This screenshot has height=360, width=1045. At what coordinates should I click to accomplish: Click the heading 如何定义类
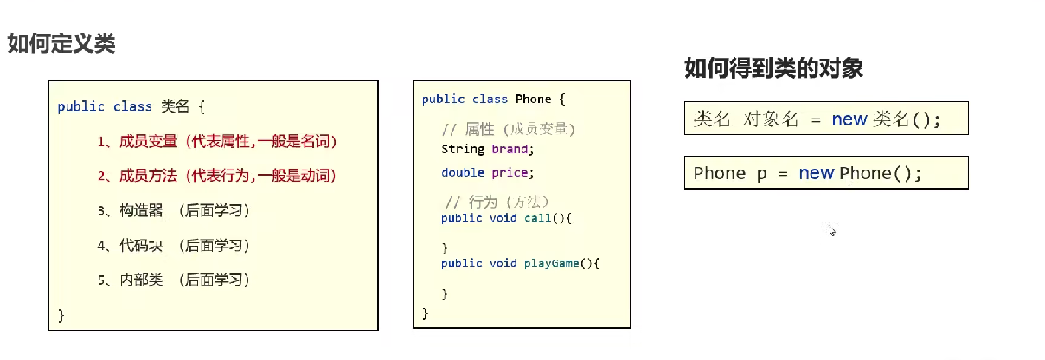61,43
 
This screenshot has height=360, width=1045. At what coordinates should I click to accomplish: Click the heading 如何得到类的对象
773,68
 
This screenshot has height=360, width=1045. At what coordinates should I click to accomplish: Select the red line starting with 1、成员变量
216,141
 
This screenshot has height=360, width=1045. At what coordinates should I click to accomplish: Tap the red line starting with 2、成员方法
216,176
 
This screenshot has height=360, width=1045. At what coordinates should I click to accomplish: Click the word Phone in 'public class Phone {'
533,100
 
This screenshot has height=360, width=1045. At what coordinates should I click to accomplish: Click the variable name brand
510,149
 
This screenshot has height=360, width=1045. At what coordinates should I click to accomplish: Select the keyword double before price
462,172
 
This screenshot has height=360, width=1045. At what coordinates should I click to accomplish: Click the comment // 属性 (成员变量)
508,129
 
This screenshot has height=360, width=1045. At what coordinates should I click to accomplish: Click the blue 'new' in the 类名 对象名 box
849,120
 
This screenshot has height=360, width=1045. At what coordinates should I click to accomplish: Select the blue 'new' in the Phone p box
816,173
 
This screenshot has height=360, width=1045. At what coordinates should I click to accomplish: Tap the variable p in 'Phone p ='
761,174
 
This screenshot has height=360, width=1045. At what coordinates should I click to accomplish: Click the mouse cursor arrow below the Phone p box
830,231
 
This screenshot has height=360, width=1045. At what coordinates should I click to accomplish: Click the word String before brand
462,149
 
